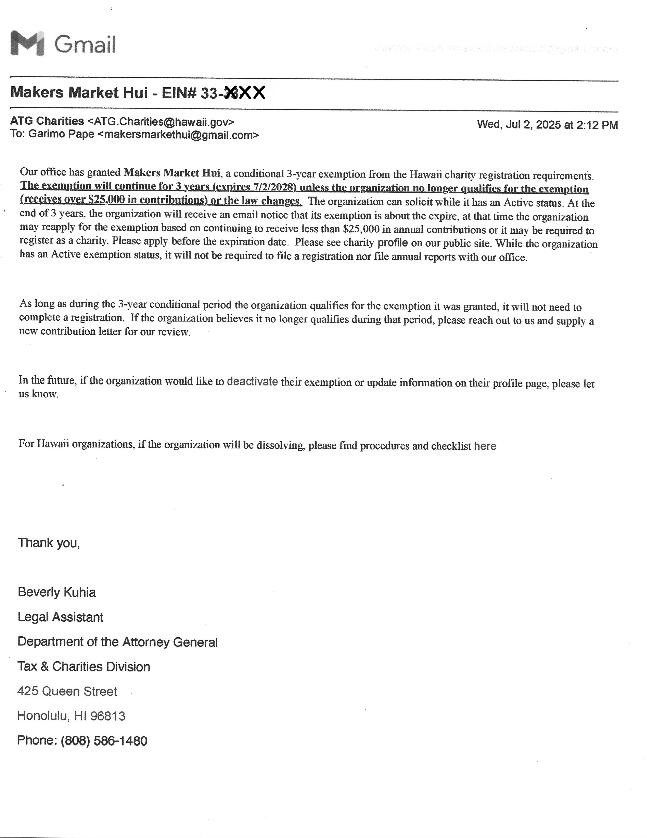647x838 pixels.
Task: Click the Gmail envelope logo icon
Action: pos(27,43)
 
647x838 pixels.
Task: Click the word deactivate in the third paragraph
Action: pos(252,381)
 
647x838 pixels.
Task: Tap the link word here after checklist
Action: pos(485,446)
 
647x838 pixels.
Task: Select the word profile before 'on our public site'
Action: pos(392,243)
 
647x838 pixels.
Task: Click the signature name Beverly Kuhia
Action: pos(57,592)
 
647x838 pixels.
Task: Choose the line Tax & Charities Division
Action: pos(84,667)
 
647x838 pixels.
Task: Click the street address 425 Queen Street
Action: pos(67,691)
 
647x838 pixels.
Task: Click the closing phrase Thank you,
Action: pos(49,543)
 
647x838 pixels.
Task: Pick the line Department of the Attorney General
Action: pos(117,642)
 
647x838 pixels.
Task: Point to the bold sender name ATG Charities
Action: pos(47,121)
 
